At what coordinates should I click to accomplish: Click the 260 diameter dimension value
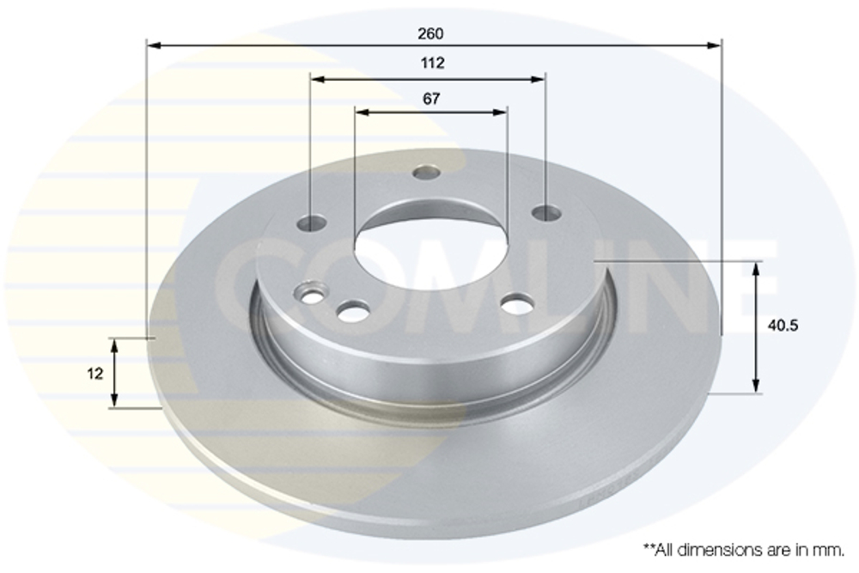coord(430,34)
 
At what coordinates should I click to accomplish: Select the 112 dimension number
coord(432,63)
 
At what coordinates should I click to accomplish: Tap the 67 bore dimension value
coord(431,99)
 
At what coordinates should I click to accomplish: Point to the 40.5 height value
coord(783,326)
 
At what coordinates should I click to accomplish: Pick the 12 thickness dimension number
coord(94,374)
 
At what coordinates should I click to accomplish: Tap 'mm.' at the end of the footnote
coord(831,551)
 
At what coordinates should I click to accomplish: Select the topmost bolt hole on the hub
coord(427,173)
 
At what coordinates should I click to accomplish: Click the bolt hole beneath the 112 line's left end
coord(311,222)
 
